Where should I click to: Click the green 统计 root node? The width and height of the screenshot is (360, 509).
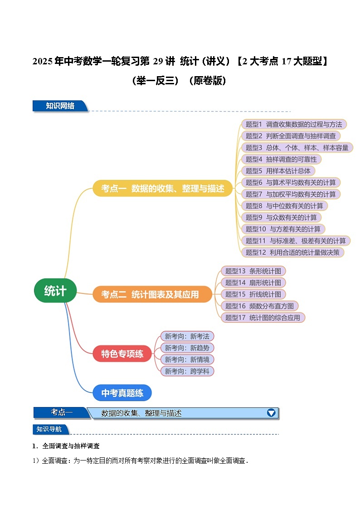pyautogui.click(x=55, y=291)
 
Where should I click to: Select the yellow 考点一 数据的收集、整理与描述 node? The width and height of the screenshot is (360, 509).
pyautogui.click(x=162, y=189)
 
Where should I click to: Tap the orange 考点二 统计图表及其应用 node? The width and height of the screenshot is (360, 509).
pyautogui.click(x=152, y=294)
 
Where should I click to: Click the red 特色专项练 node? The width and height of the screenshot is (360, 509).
pyautogui.click(x=122, y=354)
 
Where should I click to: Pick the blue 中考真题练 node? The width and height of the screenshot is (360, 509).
pyautogui.click(x=122, y=393)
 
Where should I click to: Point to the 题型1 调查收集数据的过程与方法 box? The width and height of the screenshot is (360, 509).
pyautogui.click(x=293, y=124)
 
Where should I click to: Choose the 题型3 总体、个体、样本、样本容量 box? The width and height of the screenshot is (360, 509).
pyautogui.click(x=297, y=147)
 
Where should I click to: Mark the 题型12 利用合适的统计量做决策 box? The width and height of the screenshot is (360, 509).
pyautogui.click(x=292, y=252)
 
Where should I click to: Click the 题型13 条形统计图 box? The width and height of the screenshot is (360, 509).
pyautogui.click(x=253, y=271)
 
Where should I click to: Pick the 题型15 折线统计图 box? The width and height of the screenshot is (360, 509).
pyautogui.click(x=253, y=294)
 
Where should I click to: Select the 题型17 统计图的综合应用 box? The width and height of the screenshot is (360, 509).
pyautogui.click(x=263, y=318)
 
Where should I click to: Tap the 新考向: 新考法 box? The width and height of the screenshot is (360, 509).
pyautogui.click(x=187, y=336)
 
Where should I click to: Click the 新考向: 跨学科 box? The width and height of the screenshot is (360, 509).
pyautogui.click(x=187, y=371)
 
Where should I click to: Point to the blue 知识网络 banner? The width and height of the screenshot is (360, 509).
pyautogui.click(x=60, y=106)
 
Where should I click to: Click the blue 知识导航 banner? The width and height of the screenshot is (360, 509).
pyautogui.click(x=50, y=429)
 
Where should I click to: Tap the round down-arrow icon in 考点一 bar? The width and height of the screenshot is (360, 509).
pyautogui.click(x=271, y=412)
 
